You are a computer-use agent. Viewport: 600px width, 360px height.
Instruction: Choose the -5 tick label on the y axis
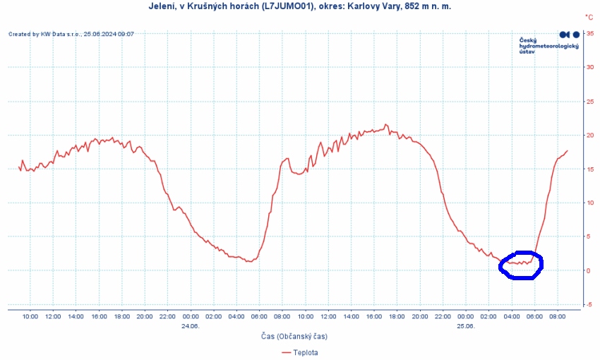coord(589,304)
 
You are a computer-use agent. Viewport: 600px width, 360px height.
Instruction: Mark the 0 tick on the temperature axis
coord(590,270)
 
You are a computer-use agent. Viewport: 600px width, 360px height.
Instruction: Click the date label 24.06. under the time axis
coord(190,326)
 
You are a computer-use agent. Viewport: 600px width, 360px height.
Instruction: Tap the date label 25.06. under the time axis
coord(465,326)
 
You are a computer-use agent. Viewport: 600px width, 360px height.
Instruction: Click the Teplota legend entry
coord(304,352)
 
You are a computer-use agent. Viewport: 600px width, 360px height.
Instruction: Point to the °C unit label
coord(589,16)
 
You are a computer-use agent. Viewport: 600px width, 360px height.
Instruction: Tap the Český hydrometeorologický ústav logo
coord(549,42)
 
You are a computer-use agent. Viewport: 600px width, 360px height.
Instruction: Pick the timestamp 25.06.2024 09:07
coord(109,33)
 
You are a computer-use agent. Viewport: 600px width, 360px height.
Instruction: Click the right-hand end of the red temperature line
coord(568,151)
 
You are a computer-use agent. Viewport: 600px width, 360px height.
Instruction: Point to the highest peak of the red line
coord(386,124)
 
